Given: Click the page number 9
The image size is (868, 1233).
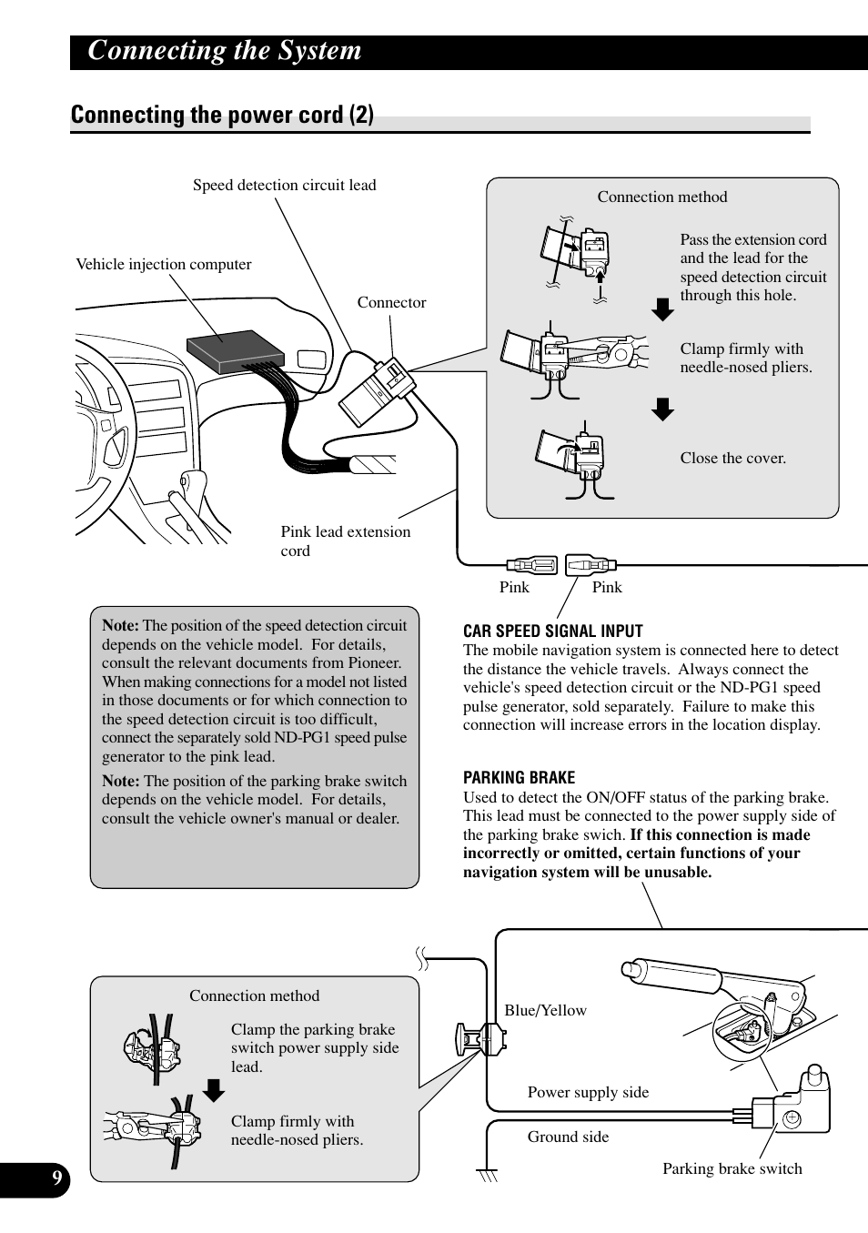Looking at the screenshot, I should [56, 1180].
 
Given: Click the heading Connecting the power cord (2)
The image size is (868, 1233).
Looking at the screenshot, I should [222, 116].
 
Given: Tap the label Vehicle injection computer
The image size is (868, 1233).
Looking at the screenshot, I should [164, 265].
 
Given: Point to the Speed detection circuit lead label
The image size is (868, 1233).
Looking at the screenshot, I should [284, 186].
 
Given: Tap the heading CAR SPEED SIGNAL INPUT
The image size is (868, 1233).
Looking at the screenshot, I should [552, 632].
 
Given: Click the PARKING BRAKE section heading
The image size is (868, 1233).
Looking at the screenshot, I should [519, 778].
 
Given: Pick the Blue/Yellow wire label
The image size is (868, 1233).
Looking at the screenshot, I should [545, 1011].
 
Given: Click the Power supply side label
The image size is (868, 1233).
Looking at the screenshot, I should [588, 1093].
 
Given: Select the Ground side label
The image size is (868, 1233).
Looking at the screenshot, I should [568, 1137].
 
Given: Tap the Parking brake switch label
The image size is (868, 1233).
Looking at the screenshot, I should [732, 1169].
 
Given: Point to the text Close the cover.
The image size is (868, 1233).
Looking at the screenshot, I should [732, 459].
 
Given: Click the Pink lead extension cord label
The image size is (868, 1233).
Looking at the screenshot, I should [345, 541].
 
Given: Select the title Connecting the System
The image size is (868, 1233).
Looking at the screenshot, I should [225, 51].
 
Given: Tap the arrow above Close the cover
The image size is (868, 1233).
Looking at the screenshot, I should [663, 409].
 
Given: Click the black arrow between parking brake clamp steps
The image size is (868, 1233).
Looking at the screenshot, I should [214, 1090].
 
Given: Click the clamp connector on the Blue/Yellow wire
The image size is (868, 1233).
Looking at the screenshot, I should [481, 1037].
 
